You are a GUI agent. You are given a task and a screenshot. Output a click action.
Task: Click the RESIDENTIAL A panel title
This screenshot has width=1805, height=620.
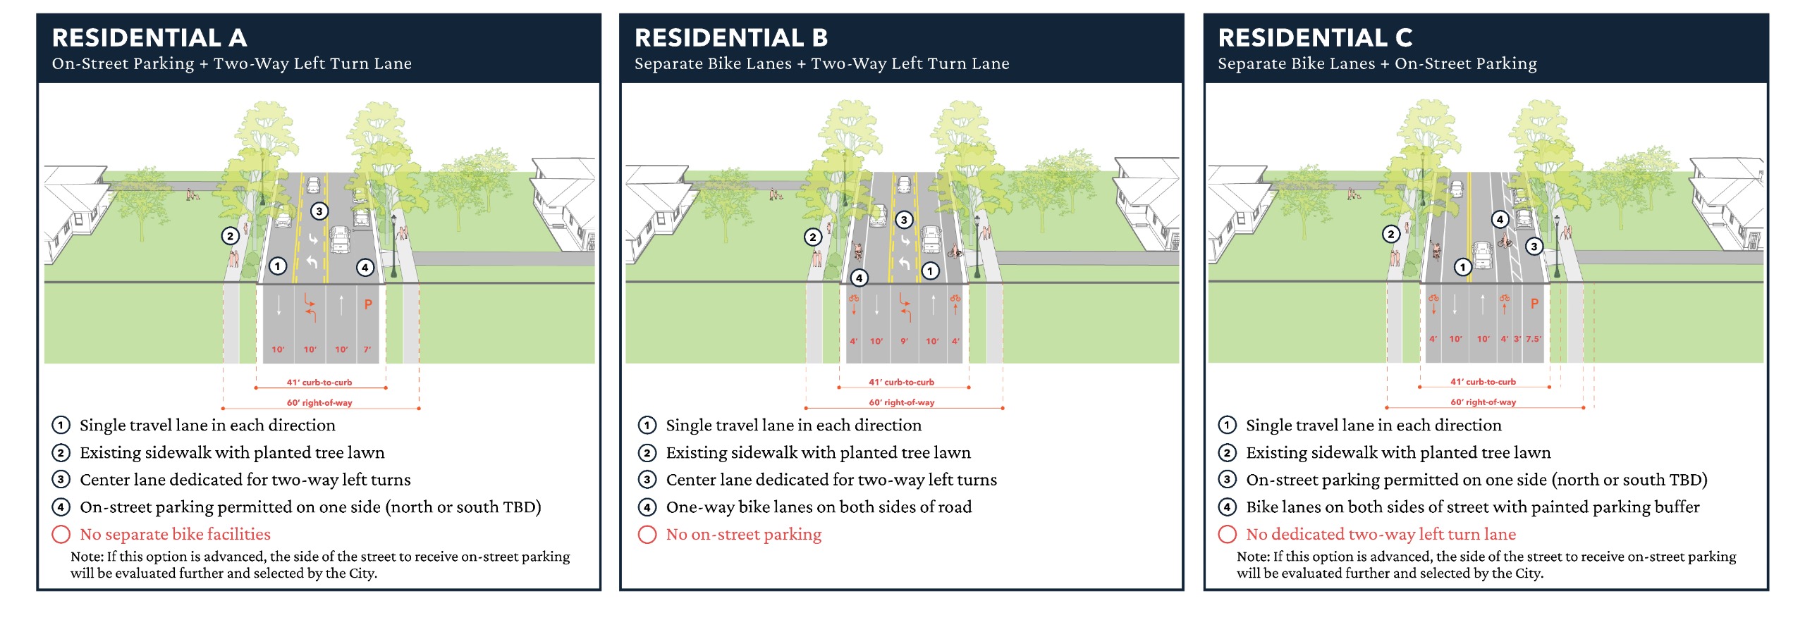149,38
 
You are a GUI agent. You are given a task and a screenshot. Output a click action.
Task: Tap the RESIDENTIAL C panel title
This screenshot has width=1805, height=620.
1315,38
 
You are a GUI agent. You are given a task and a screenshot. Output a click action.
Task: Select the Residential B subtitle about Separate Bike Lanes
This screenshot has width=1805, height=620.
821,64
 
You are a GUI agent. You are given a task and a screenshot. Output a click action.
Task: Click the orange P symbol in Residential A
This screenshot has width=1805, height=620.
368,304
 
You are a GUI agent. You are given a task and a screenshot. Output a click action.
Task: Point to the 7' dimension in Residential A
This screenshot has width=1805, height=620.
367,349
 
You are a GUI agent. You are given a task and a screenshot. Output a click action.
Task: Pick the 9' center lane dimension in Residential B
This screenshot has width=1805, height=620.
905,341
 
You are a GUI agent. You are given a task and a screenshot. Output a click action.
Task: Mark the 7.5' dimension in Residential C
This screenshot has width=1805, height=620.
1534,339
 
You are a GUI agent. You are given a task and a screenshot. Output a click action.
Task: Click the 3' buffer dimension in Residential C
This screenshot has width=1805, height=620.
1517,339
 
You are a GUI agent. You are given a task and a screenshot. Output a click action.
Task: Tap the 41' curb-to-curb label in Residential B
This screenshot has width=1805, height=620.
901,382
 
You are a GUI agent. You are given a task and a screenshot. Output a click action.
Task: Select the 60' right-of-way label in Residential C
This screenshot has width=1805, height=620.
1483,402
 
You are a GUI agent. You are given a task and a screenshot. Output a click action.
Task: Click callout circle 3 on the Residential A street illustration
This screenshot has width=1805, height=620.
319,211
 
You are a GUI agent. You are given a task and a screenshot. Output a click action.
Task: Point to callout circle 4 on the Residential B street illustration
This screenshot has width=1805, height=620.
859,278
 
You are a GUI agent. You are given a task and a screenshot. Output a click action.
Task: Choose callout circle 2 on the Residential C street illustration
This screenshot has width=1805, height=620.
1390,234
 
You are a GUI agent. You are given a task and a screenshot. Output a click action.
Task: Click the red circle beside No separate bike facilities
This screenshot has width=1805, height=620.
61,535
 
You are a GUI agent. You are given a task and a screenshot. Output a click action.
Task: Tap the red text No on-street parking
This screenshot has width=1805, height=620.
743,535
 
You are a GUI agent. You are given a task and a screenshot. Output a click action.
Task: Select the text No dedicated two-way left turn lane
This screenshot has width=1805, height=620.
1381,535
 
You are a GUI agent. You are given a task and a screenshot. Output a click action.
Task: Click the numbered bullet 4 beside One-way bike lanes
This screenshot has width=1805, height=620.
647,507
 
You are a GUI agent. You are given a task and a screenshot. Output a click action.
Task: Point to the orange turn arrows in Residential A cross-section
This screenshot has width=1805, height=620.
310,307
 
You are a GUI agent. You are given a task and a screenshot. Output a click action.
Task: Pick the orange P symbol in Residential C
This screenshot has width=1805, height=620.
1534,304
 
